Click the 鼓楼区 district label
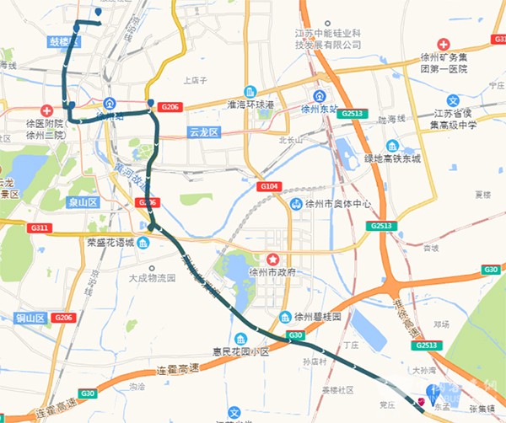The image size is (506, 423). (63, 41)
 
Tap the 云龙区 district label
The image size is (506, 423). (203, 132)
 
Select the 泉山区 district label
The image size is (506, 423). (83, 202)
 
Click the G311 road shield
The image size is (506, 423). (39, 228)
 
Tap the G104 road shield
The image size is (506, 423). (269, 185)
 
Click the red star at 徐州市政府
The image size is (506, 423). (272, 258)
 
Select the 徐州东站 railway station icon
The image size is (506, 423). (318, 96)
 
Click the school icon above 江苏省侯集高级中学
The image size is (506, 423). (452, 100)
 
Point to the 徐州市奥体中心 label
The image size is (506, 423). (330, 205)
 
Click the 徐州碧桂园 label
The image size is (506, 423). (317, 317)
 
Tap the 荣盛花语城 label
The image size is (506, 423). (110, 243)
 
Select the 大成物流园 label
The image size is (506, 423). (151, 277)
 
